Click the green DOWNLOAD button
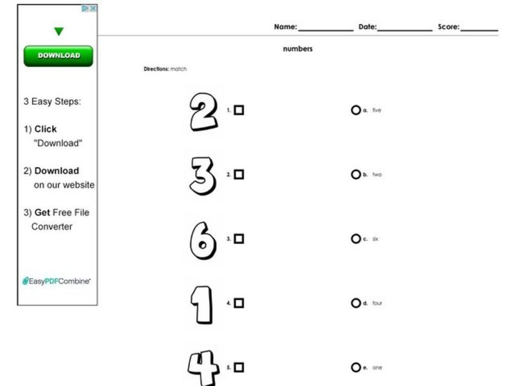(x=58, y=56)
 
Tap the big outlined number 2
(x=204, y=111)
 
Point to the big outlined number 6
(x=203, y=240)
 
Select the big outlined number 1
(x=201, y=304)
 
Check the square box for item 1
(x=239, y=110)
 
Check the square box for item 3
(x=239, y=239)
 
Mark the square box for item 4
(x=239, y=303)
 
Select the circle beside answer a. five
(x=355, y=110)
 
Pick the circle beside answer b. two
(x=355, y=174)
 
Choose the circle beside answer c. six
(x=355, y=239)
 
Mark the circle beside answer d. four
(x=355, y=303)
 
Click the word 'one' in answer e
(x=377, y=368)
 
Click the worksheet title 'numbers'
(x=297, y=49)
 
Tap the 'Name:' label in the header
(x=285, y=27)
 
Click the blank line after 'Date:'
(x=405, y=28)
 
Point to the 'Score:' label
(x=449, y=27)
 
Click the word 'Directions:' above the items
(x=156, y=69)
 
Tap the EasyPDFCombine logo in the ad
(x=57, y=281)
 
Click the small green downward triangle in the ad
(x=59, y=32)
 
